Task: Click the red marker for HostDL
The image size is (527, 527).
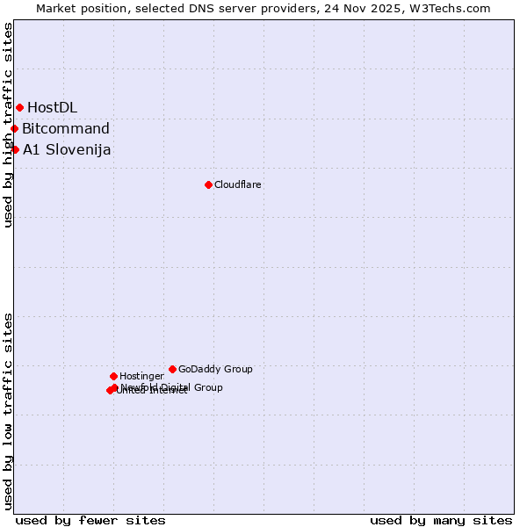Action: [x=19, y=107]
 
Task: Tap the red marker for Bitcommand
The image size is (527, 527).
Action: [x=14, y=128]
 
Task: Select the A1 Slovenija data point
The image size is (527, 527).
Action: [x=15, y=149]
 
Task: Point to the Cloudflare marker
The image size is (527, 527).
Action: [x=208, y=184]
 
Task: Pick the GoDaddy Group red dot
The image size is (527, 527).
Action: [x=172, y=369]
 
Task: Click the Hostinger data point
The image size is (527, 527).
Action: [x=113, y=376]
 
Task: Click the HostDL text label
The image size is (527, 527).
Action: [x=52, y=107]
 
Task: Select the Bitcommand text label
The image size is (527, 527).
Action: [x=66, y=128]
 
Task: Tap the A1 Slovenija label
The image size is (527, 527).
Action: [x=67, y=149]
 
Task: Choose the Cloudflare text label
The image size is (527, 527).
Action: [x=237, y=184]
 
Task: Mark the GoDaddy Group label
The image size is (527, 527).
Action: [x=215, y=369]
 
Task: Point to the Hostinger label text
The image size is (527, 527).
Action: [x=141, y=376]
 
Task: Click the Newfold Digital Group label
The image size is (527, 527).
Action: [x=172, y=386]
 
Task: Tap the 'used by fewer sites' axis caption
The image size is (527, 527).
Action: [x=90, y=520]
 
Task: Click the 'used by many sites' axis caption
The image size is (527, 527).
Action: [x=441, y=520]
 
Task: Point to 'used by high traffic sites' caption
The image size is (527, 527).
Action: [x=8, y=125]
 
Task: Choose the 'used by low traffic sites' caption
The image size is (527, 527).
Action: [x=8, y=410]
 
